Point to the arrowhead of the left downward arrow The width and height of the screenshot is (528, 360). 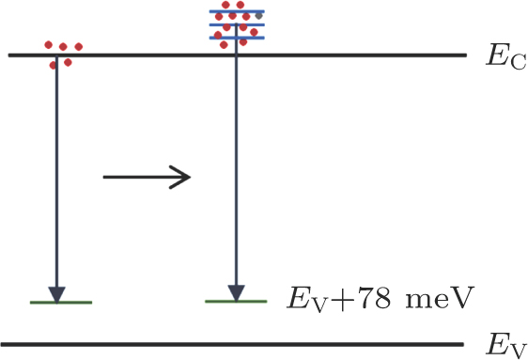pyautogui.click(x=57, y=293)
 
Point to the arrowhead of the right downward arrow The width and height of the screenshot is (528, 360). pyautogui.click(x=237, y=291)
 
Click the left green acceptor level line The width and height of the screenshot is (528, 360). pyautogui.click(x=61, y=303)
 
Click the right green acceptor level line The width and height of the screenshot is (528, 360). pyautogui.click(x=236, y=302)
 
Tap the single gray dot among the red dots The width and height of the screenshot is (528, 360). pyautogui.click(x=257, y=16)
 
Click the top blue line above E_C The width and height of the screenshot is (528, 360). pyautogui.click(x=237, y=11)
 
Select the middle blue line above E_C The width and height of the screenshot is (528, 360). pyautogui.click(x=237, y=24)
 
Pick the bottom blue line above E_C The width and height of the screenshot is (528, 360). pyautogui.click(x=237, y=38)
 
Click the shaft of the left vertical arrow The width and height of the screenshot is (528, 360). pyautogui.click(x=56, y=179)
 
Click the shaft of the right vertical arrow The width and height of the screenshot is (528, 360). pyautogui.click(x=237, y=169)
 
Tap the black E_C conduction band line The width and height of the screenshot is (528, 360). pyautogui.click(x=282, y=55)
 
